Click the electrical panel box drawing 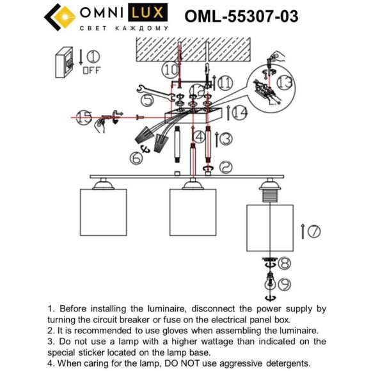[65, 62]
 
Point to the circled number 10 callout [170, 68]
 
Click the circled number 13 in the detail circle [285, 81]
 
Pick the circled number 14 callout [240, 113]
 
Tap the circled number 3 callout [226, 138]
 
